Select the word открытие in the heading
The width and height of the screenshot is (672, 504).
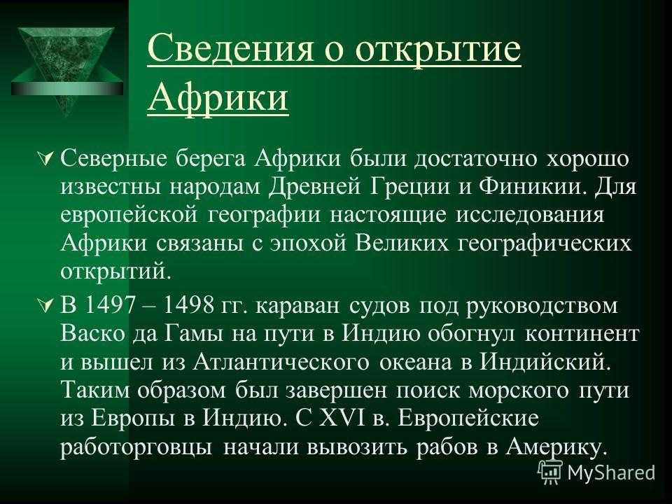coord(438,50)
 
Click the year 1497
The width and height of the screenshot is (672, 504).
coord(107,306)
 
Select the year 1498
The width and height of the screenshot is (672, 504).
coord(188,306)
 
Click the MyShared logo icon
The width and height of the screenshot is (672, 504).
coord(550,472)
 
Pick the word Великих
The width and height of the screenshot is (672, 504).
coord(402,244)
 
